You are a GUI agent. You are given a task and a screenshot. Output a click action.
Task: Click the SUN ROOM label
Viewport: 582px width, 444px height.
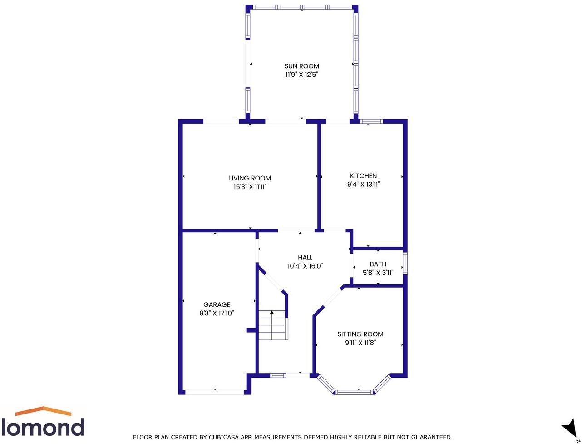pyautogui.click(x=301, y=66)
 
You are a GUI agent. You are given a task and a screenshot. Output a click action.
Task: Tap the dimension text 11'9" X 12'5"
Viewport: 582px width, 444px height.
pyautogui.click(x=301, y=75)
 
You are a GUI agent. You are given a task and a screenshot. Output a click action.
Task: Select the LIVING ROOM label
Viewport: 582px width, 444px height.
pyautogui.click(x=250, y=178)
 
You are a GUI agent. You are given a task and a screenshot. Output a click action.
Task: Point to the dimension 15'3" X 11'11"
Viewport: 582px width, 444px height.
pyautogui.click(x=250, y=187)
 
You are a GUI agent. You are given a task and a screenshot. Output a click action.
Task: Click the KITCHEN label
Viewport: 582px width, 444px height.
pyautogui.click(x=363, y=176)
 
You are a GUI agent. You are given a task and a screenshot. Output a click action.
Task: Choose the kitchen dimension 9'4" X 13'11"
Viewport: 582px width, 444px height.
pyautogui.click(x=363, y=185)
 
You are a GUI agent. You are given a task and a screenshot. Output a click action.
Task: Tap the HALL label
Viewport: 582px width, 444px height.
pyautogui.click(x=305, y=258)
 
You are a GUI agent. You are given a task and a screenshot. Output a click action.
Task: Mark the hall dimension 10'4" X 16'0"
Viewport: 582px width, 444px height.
pyautogui.click(x=305, y=266)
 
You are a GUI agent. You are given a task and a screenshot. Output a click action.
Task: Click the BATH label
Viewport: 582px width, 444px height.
pyautogui.click(x=378, y=264)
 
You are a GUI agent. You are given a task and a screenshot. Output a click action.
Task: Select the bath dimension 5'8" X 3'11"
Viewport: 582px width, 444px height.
pyautogui.click(x=378, y=273)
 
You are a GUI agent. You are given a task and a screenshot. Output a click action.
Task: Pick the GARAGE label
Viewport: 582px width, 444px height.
pyautogui.click(x=217, y=305)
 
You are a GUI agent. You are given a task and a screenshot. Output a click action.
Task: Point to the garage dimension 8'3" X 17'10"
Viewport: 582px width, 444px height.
pyautogui.click(x=217, y=313)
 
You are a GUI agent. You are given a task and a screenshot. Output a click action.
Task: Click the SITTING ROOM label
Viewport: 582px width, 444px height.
pyautogui.click(x=360, y=334)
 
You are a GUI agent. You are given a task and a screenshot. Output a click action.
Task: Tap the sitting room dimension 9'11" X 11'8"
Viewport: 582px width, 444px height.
pyautogui.click(x=360, y=343)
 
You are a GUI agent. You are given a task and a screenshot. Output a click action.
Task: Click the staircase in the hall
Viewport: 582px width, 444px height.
pyautogui.click(x=272, y=325)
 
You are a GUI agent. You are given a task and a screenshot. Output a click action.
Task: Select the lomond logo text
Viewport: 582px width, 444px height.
pyautogui.click(x=43, y=427)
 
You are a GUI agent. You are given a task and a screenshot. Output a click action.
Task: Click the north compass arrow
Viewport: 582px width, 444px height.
pyautogui.click(x=569, y=429)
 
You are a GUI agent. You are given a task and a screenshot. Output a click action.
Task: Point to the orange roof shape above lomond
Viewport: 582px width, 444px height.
pyautogui.click(x=43, y=411)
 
